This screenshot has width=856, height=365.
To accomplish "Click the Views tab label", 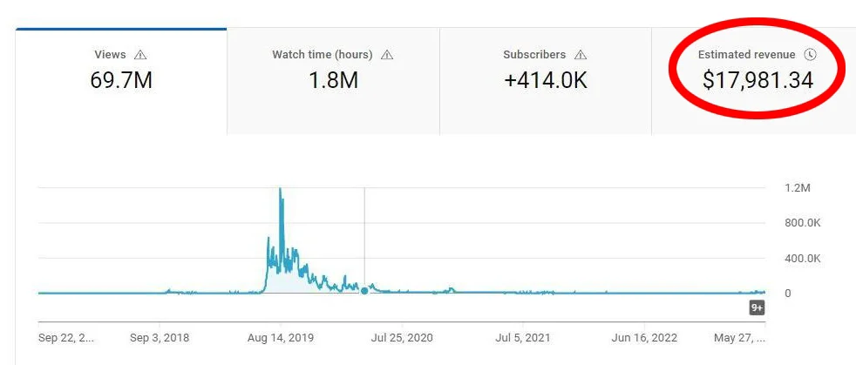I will tap(110, 55).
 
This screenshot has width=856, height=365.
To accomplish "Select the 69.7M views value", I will tap(121, 81).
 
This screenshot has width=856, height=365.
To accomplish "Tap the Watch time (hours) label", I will tap(322, 55).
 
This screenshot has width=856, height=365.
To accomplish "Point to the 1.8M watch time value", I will tap(333, 81).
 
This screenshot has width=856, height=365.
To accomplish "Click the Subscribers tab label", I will tap(534, 55).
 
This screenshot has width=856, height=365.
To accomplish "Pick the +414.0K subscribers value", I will tap(545, 81).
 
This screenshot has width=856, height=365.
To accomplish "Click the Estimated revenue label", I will tap(747, 55).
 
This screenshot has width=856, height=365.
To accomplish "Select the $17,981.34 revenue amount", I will tap(757, 81).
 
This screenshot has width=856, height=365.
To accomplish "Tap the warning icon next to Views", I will tap(140, 55).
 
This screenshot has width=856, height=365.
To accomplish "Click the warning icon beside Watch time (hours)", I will tap(387, 55).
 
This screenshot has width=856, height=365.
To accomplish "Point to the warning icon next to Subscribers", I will tap(581, 55).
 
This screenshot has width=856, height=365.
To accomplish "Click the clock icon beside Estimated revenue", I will tap(810, 55).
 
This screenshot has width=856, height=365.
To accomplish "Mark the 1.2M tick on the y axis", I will tap(798, 188).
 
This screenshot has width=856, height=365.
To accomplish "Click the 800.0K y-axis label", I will tap(802, 223).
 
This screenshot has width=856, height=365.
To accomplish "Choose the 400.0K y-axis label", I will tap(802, 259).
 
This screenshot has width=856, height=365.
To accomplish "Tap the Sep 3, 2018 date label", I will tap(160, 337).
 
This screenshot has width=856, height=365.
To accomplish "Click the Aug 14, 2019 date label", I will tap(281, 337).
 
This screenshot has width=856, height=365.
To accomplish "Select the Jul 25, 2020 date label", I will tap(402, 337).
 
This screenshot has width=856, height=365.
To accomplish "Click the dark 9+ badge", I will tap(757, 308).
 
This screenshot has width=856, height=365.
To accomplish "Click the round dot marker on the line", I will tap(364, 291).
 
